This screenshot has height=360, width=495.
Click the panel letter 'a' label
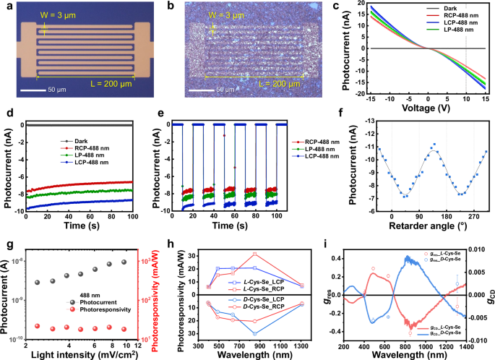coord(7,7)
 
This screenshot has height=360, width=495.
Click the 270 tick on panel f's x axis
coord(473,218)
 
